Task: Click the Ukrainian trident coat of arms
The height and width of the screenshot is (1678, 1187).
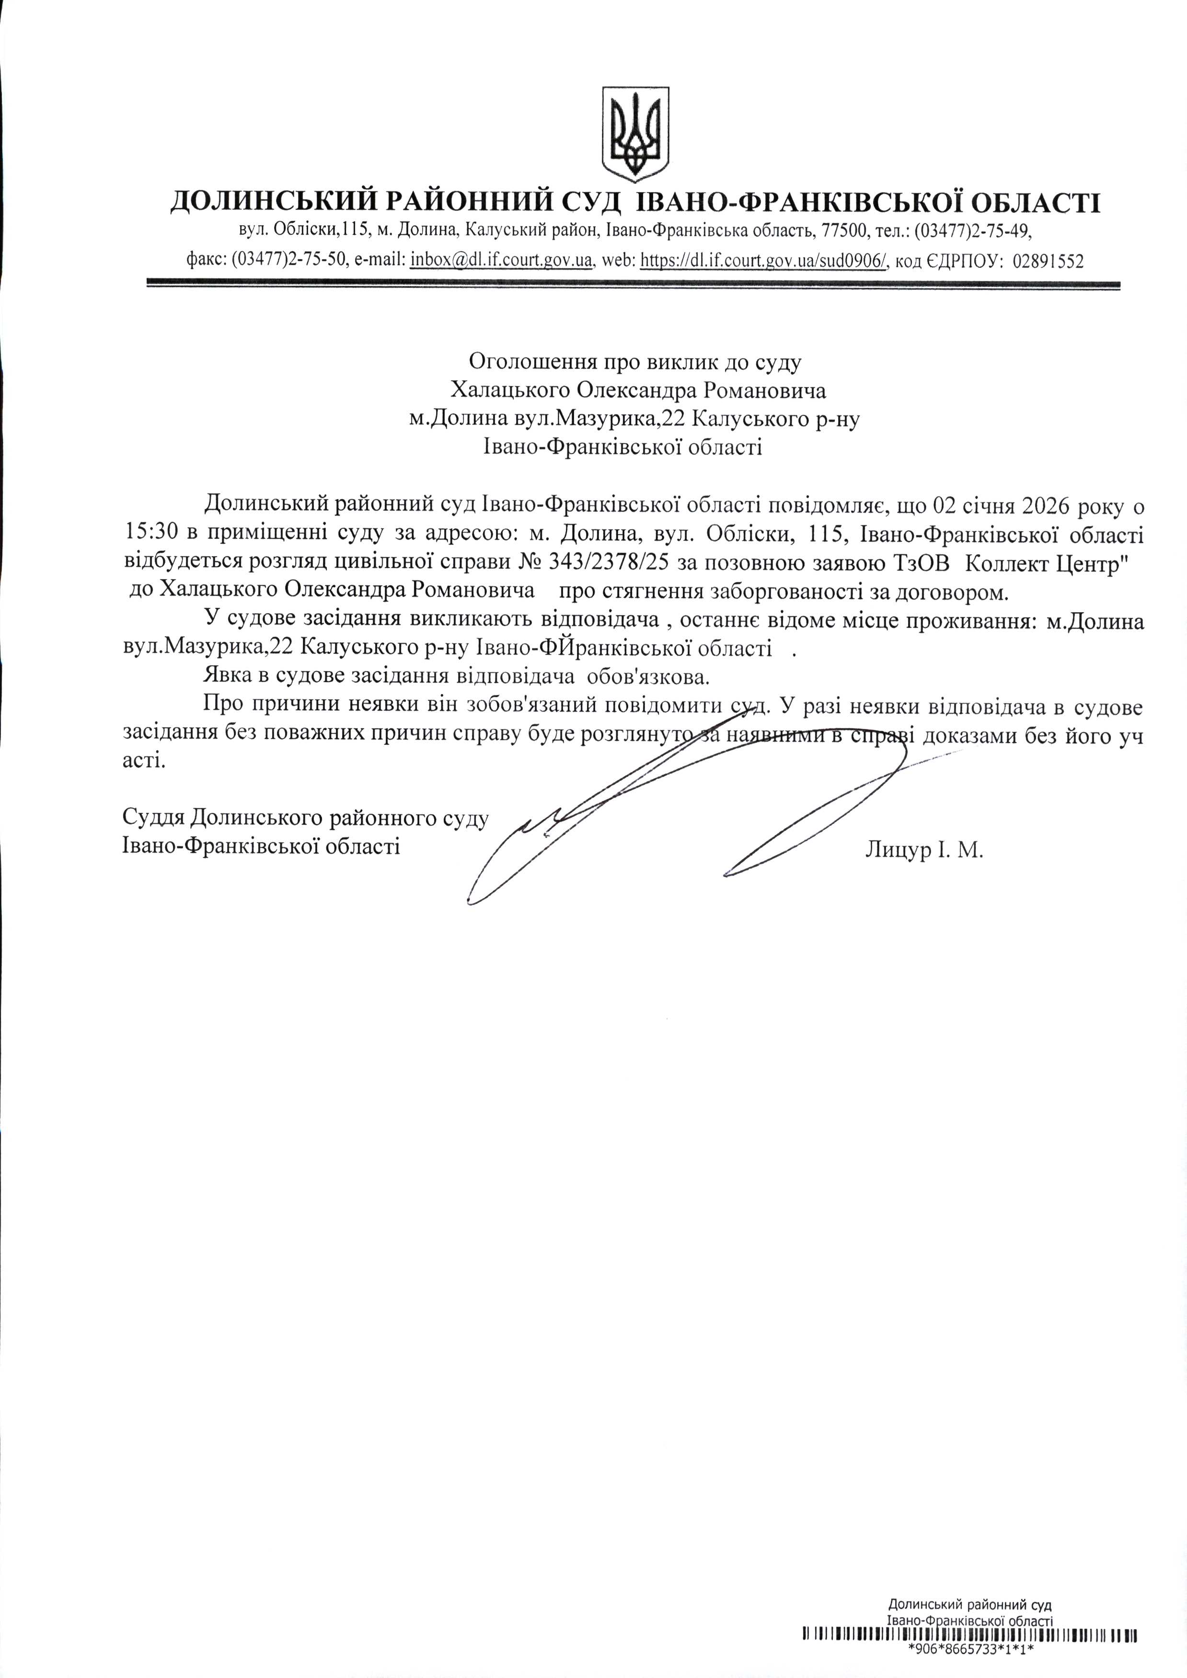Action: [x=634, y=135]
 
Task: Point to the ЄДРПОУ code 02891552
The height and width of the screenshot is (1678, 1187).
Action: [x=1048, y=261]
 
